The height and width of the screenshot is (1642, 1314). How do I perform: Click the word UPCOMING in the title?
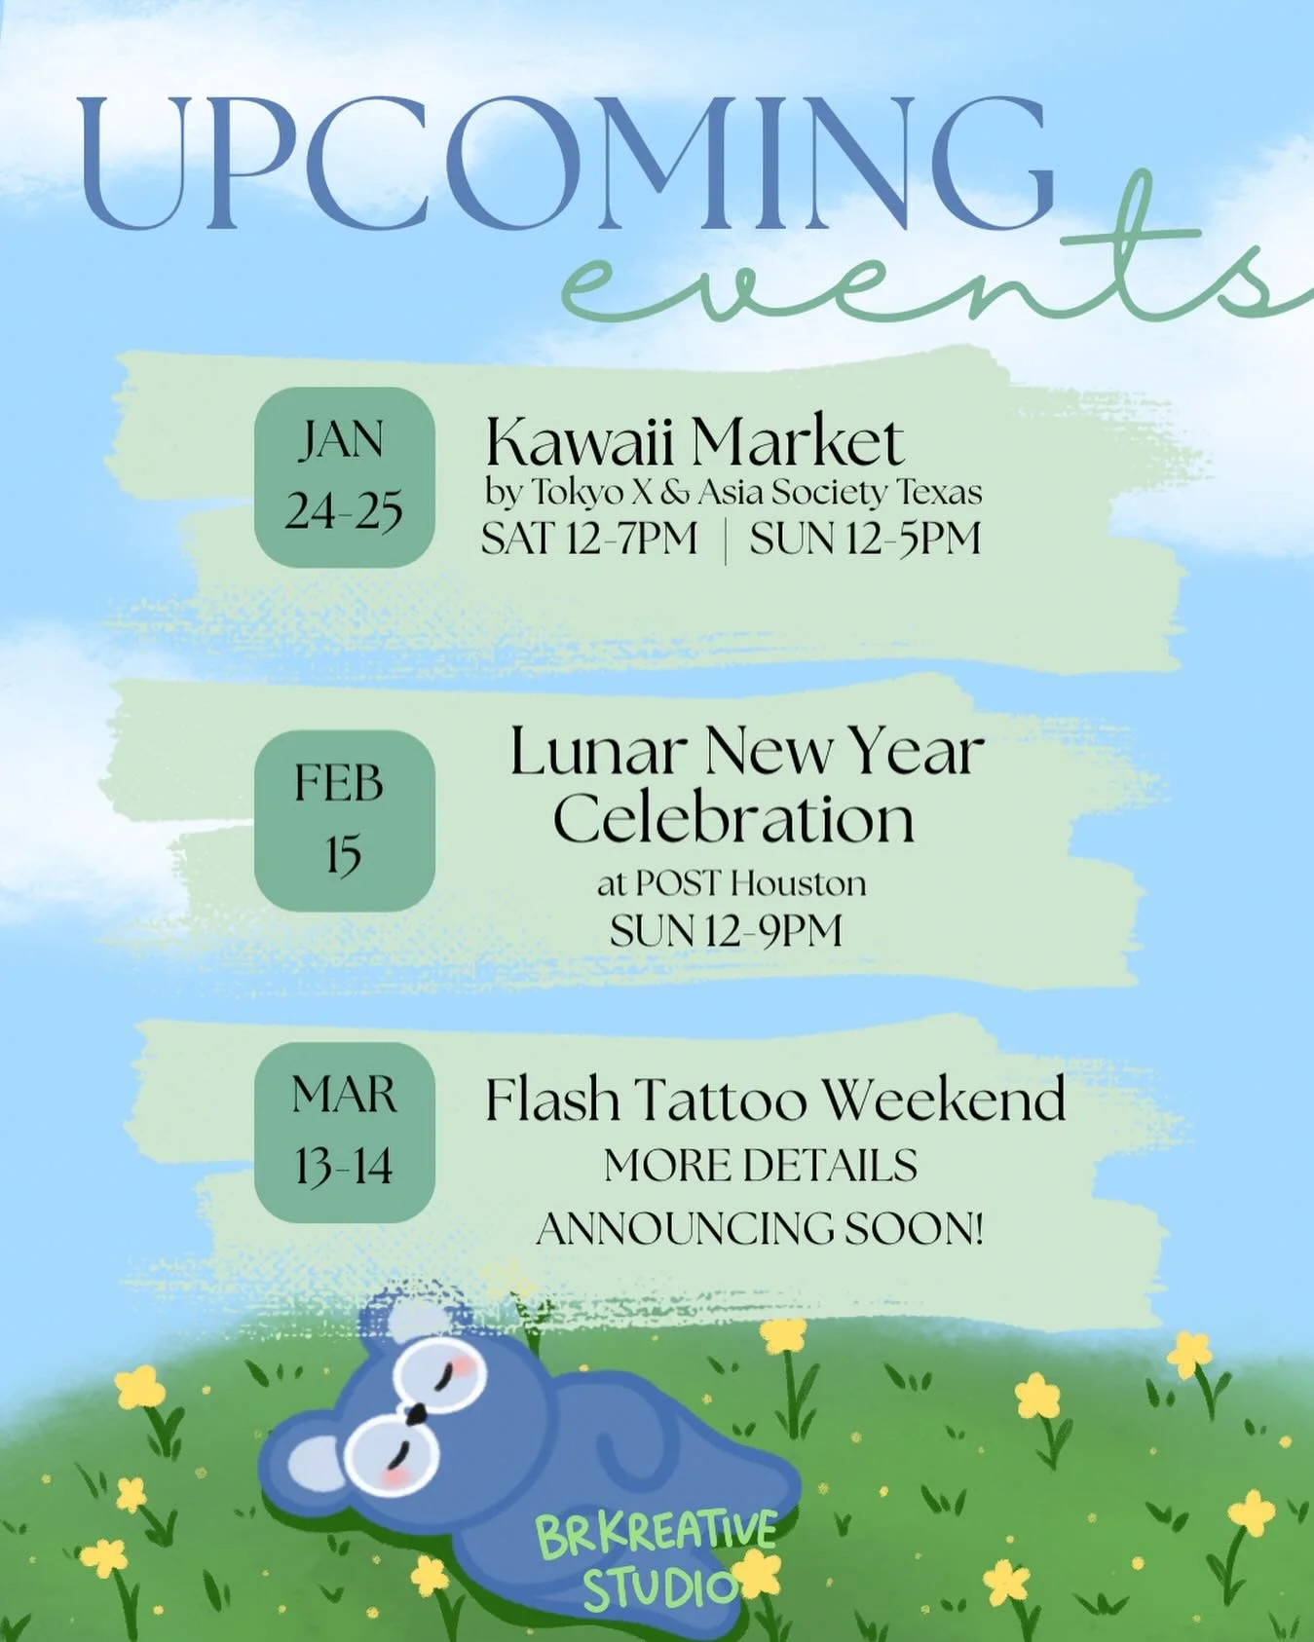(x=565, y=166)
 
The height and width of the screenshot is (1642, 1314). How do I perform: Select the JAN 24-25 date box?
(x=344, y=477)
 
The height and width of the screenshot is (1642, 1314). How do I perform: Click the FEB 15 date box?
(x=344, y=820)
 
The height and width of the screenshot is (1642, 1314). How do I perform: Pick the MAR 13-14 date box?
(x=344, y=1132)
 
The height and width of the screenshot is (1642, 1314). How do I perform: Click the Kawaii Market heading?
(x=695, y=443)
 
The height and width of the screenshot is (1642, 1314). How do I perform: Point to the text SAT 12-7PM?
(x=589, y=539)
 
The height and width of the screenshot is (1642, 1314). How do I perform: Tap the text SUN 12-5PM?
(x=865, y=539)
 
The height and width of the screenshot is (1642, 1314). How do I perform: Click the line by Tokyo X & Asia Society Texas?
(x=733, y=493)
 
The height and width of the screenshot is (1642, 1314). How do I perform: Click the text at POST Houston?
(x=732, y=883)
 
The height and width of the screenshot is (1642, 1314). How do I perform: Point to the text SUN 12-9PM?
(x=726, y=931)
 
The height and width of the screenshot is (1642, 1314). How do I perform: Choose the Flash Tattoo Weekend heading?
(x=775, y=1101)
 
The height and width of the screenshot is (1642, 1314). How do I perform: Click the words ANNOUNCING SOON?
(x=760, y=1228)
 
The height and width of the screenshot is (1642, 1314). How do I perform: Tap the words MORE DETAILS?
(x=760, y=1166)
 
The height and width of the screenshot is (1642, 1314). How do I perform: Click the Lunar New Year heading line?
(x=747, y=752)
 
